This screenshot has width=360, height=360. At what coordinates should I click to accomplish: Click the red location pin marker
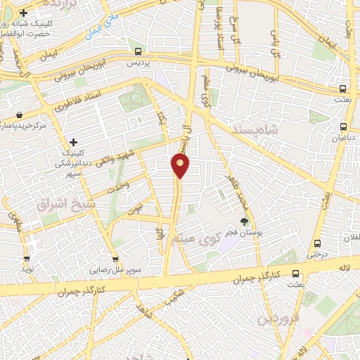click(x=180, y=166)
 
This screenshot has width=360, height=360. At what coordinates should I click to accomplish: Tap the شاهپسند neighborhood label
click(x=274, y=131)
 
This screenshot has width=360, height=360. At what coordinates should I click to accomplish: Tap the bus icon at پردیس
click(x=139, y=51)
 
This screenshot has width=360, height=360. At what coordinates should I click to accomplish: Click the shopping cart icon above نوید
click(x=27, y=257)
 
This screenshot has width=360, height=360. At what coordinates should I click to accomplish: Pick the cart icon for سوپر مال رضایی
click(x=115, y=257)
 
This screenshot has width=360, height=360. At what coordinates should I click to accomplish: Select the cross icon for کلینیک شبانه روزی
click(x=23, y=13)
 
